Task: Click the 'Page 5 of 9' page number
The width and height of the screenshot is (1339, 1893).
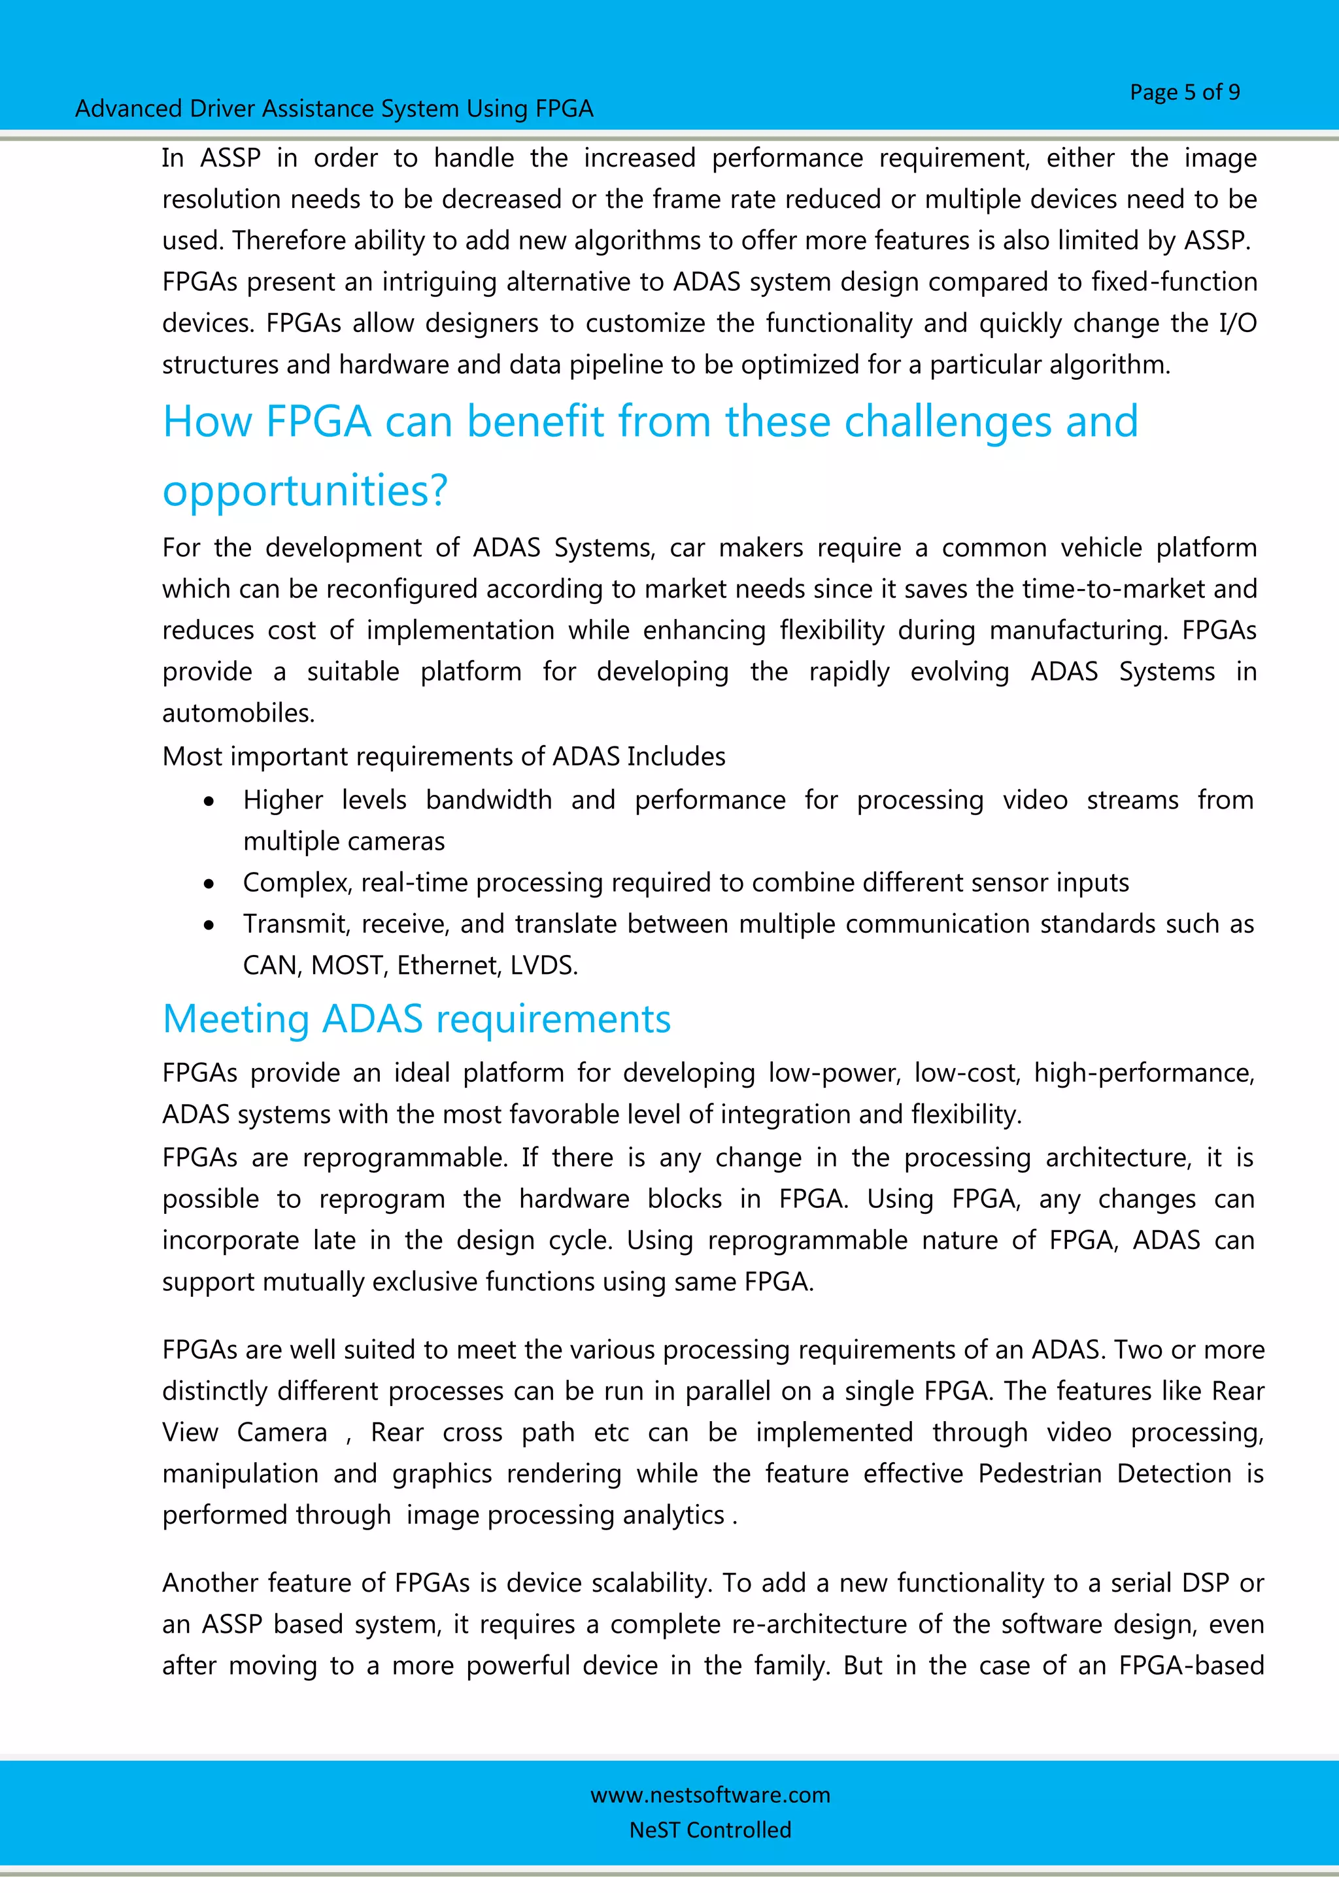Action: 1184,92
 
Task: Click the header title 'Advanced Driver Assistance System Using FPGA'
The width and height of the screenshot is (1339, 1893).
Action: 334,109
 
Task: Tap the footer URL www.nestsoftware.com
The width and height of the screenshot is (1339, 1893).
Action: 710,1795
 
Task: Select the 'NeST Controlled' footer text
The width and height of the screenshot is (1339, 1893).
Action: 710,1830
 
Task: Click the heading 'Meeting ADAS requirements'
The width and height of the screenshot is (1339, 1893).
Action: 416,1019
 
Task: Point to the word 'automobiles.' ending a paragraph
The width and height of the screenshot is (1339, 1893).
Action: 238,713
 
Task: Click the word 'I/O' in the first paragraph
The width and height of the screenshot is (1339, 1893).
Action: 1237,323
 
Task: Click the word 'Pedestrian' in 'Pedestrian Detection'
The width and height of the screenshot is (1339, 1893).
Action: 1039,1473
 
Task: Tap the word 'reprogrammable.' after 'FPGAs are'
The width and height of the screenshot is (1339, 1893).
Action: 405,1158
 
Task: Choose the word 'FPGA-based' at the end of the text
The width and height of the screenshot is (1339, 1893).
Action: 1191,1666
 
